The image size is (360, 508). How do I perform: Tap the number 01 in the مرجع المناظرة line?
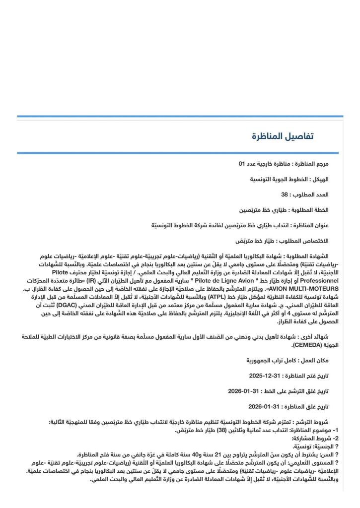[242, 163]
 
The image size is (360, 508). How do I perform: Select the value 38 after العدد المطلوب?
[285, 194]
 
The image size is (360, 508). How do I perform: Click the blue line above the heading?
[180, 117]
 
